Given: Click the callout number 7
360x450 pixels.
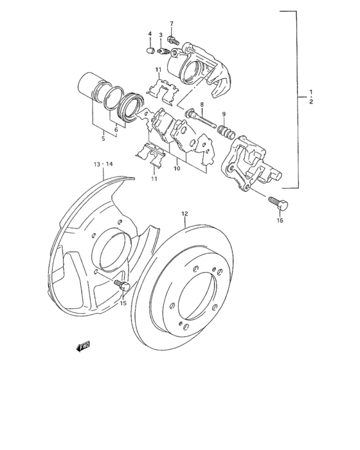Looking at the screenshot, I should click(x=172, y=24).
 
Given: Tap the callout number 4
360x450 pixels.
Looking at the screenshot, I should click(x=149, y=34).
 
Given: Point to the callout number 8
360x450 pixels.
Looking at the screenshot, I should click(x=201, y=104).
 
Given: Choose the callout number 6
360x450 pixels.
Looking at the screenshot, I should click(x=116, y=129).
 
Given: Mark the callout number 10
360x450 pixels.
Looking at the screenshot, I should click(x=176, y=168).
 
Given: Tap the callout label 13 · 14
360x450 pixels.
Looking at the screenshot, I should click(x=103, y=165).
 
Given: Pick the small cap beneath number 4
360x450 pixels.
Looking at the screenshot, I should click(x=149, y=48).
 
